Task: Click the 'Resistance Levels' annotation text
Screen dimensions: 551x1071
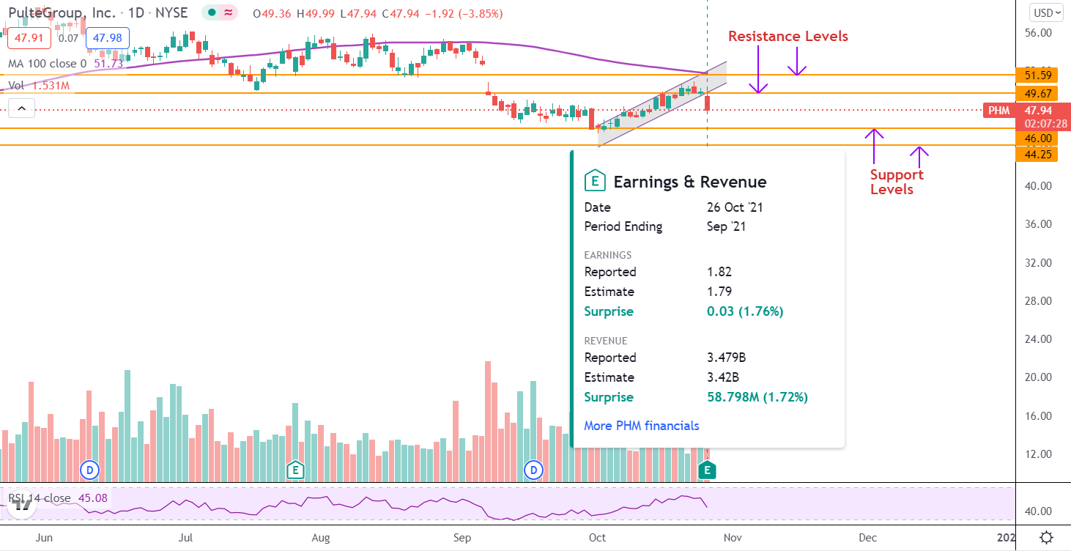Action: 787,36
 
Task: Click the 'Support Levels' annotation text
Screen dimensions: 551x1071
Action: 896,182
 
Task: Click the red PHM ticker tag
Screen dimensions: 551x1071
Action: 998,111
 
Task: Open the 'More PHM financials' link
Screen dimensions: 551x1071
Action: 641,426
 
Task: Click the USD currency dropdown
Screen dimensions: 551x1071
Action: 1045,12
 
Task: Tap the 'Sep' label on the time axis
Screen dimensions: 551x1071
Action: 462,538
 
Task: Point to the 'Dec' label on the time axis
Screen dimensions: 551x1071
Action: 867,538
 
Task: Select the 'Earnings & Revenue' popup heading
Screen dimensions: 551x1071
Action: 689,182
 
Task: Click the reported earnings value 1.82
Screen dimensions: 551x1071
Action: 719,272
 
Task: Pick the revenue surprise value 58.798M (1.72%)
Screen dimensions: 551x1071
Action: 757,397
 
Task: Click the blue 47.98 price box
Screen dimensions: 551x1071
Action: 107,38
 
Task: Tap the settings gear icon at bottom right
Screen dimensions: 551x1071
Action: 1047,537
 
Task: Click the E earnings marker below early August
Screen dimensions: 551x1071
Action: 295,470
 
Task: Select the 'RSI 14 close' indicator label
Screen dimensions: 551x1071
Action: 40,498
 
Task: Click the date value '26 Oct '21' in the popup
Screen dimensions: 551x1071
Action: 735,207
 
